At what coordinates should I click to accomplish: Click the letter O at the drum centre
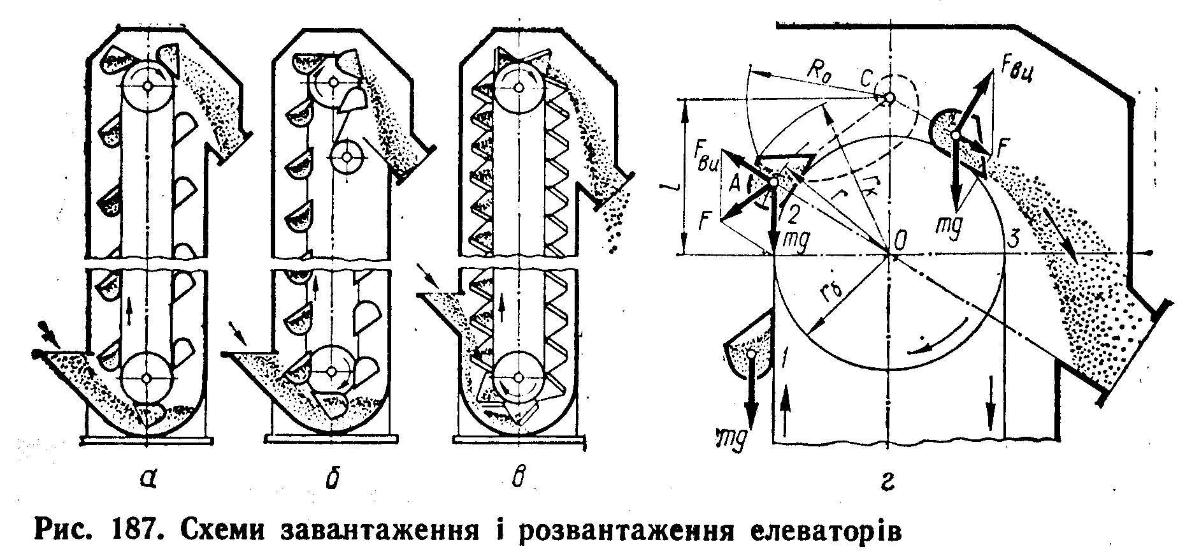pyautogui.click(x=900, y=242)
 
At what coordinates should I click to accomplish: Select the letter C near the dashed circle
pyautogui.click(x=866, y=81)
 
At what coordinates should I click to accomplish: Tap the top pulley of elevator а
pyautogui.click(x=148, y=85)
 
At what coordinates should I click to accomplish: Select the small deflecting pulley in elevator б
pyautogui.click(x=347, y=155)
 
